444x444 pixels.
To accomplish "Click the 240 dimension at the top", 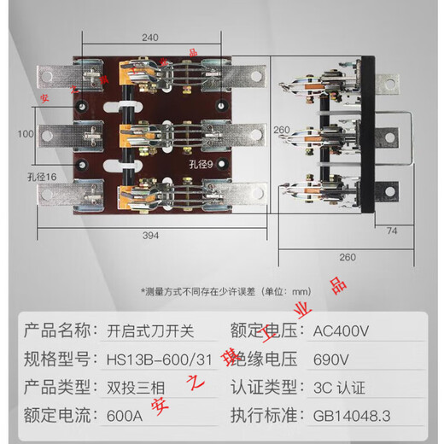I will coord(151,38).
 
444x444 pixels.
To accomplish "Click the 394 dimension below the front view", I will coord(149,236).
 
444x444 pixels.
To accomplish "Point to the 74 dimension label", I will coord(391,230).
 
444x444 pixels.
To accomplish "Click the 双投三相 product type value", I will coord(131,387).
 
